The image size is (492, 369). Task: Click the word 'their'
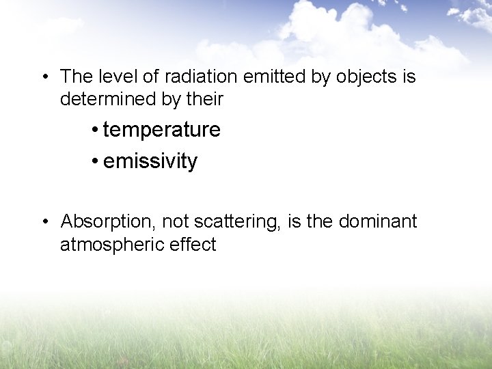tap(204, 99)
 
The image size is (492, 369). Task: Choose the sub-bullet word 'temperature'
tap(161, 130)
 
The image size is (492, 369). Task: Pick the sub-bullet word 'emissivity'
tap(150, 162)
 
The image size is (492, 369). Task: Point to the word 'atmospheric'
tap(109, 245)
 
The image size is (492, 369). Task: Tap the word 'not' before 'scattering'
tap(176, 222)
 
